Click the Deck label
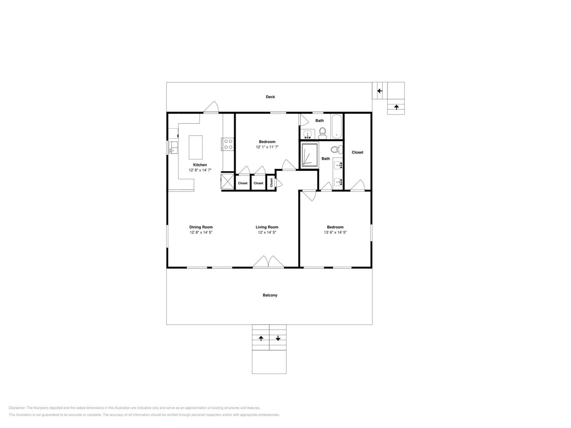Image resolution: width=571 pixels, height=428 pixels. click(270, 97)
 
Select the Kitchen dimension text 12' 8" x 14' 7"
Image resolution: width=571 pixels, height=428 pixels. click(200, 170)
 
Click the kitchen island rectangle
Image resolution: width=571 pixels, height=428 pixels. click(196, 147)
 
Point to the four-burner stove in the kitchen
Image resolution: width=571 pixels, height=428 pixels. click(228, 144)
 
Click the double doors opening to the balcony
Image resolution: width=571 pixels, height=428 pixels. click(268, 262)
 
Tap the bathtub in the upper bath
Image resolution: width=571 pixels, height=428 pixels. click(337, 127)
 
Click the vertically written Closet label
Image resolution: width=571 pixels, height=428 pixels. click(271, 183)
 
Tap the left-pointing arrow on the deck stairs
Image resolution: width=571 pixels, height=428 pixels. click(380, 91)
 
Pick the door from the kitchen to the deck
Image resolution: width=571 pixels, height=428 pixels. click(211, 107)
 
